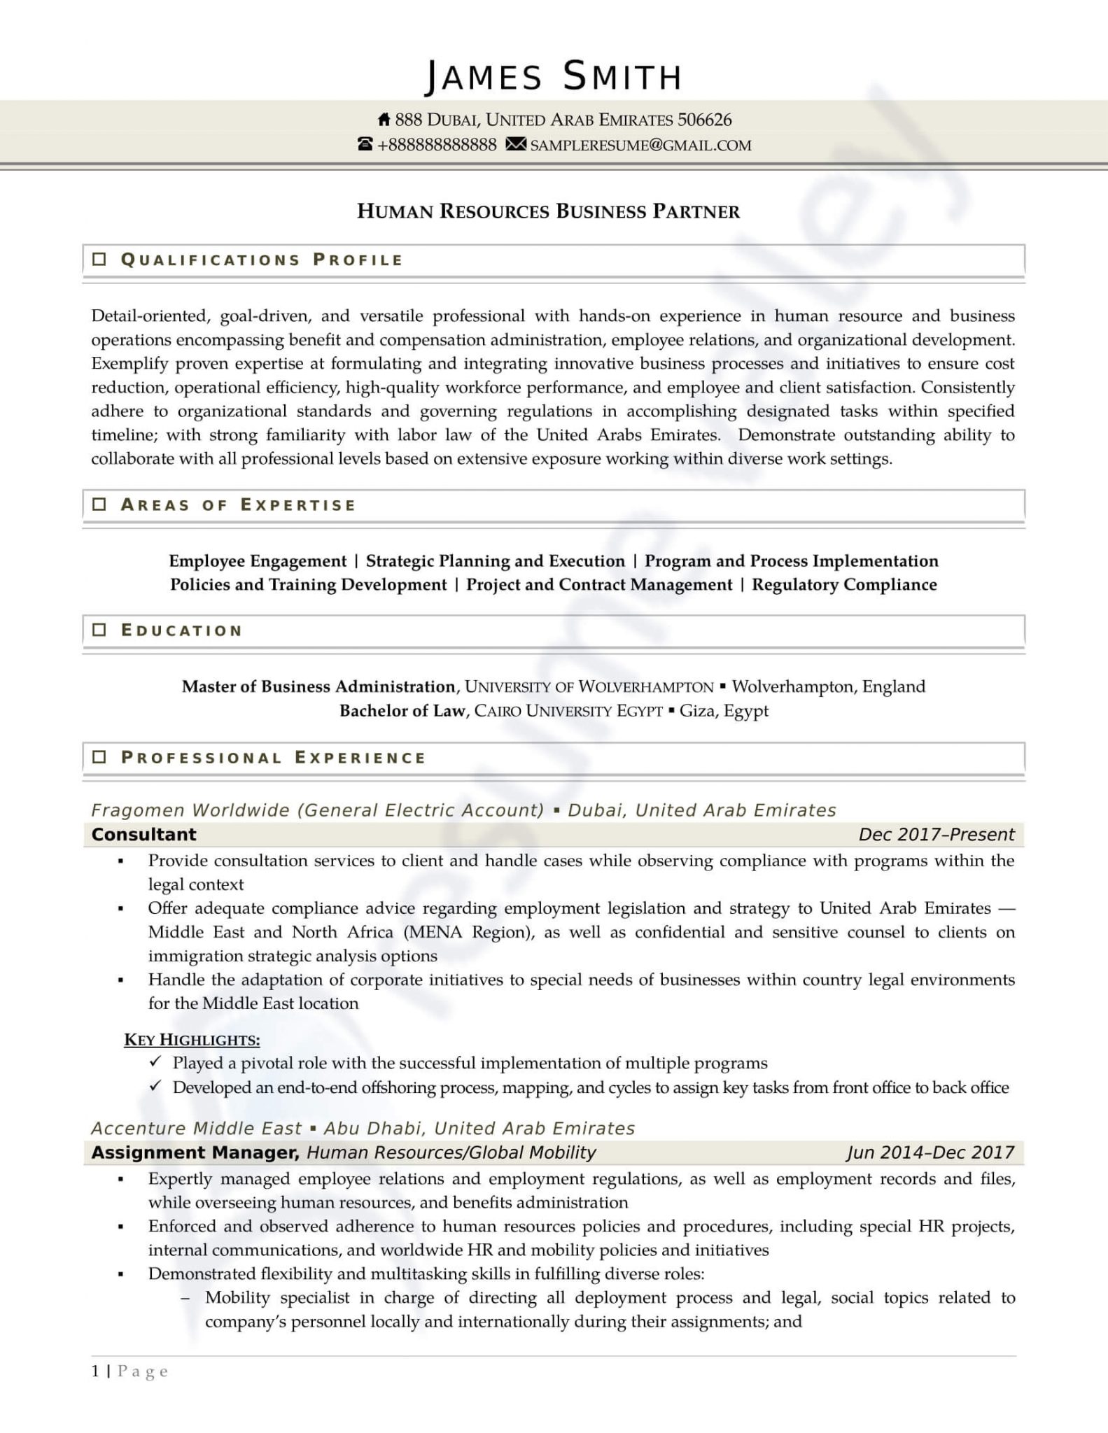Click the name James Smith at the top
553,76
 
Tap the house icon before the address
384,120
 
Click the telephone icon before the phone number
365,145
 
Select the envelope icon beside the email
516,145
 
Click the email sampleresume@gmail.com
640,146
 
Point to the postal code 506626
704,120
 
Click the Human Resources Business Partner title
548,211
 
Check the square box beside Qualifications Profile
99,260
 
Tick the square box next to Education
99,630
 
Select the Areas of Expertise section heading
238,504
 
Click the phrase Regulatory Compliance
844,584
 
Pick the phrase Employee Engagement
258,560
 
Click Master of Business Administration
318,686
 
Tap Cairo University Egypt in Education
568,711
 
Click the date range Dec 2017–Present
936,834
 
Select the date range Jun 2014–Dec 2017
930,1152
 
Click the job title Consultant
144,834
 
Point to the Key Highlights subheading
192,1040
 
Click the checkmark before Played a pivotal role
155,1062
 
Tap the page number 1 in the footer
95,1371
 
